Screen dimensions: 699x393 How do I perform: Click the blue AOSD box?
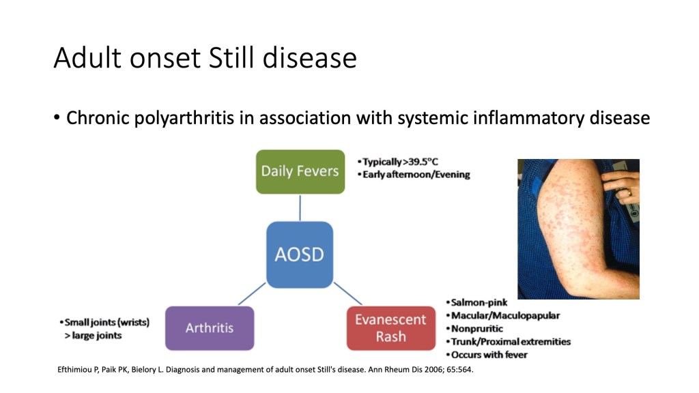pos(300,254)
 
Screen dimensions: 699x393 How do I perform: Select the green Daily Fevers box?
pos(300,171)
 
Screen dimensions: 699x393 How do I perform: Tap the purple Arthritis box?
pos(210,328)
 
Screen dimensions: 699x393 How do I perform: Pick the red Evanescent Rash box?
pos(391,328)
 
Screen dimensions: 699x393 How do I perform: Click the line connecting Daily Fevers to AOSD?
pos(300,207)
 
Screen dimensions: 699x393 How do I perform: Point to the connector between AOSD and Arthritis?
pos(252,294)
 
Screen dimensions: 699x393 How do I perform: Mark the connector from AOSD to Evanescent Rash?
pos(347,293)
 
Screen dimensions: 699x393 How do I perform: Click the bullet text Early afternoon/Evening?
pos(416,175)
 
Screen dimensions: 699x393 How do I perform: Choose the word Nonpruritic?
pos(477,329)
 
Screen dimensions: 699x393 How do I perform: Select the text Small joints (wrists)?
pos(107,322)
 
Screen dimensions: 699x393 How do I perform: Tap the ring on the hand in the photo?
pos(629,192)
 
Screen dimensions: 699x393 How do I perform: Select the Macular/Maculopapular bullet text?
pos(506,316)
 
